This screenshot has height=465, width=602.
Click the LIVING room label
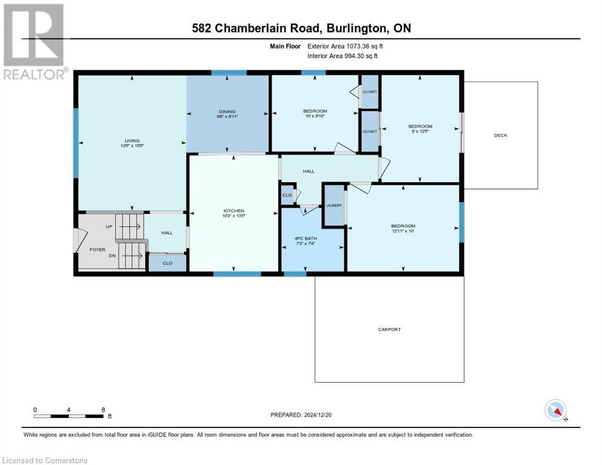pyautogui.click(x=132, y=140)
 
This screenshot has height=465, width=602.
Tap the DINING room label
pyautogui.click(x=227, y=111)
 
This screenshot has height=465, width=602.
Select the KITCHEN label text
pyautogui.click(x=233, y=211)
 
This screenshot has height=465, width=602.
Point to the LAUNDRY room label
pyautogui.click(x=334, y=206)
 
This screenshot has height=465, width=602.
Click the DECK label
pyautogui.click(x=500, y=136)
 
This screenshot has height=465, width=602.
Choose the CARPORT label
pyautogui.click(x=389, y=329)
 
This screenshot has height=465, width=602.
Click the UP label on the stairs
pyautogui.click(x=109, y=226)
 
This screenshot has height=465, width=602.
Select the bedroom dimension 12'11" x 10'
pyautogui.click(x=403, y=231)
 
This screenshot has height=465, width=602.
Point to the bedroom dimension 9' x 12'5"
pyautogui.click(x=420, y=131)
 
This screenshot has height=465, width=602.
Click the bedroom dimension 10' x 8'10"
pyautogui.click(x=315, y=116)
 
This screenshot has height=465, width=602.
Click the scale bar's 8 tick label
pyautogui.click(x=103, y=410)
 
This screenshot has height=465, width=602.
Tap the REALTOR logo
pyautogui.click(x=35, y=42)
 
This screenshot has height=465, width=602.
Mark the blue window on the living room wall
pyautogui.click(x=76, y=143)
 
